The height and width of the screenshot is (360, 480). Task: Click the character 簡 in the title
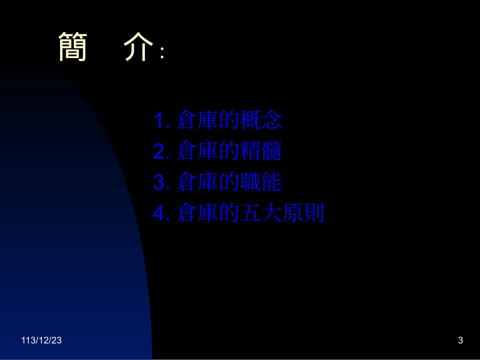coord(73,47)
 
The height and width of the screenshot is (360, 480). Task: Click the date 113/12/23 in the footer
coord(42,341)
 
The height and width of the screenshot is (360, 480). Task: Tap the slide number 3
coord(460,341)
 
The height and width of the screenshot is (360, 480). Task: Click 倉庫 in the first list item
coord(198,121)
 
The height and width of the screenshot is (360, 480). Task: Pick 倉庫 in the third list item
coord(198,183)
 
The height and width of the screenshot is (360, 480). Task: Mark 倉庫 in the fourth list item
coord(198,215)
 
